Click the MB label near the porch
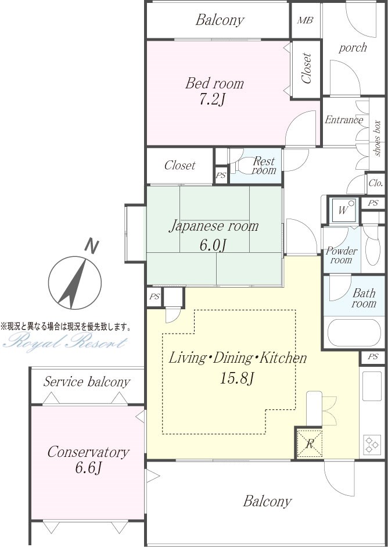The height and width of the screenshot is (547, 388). pos(305,20)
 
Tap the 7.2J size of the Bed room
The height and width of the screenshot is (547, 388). pos(213,100)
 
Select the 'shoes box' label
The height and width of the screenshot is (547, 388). pos(376,138)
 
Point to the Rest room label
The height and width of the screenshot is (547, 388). pos(264,166)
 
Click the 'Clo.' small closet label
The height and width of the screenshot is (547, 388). pos(375,183)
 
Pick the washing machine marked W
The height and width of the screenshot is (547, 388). pos(343,210)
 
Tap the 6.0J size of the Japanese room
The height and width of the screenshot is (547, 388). pos(213,245)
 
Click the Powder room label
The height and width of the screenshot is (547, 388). pos(342,255)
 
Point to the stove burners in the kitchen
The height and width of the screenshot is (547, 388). pos(372,445)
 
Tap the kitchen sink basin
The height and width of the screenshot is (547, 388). pos(372,386)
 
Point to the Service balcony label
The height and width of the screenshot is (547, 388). pos(87,382)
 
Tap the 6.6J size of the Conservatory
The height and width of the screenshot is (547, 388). pos(88,468)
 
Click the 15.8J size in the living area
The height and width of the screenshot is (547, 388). pos(236,378)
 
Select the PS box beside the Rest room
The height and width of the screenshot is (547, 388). pos(221,175)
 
